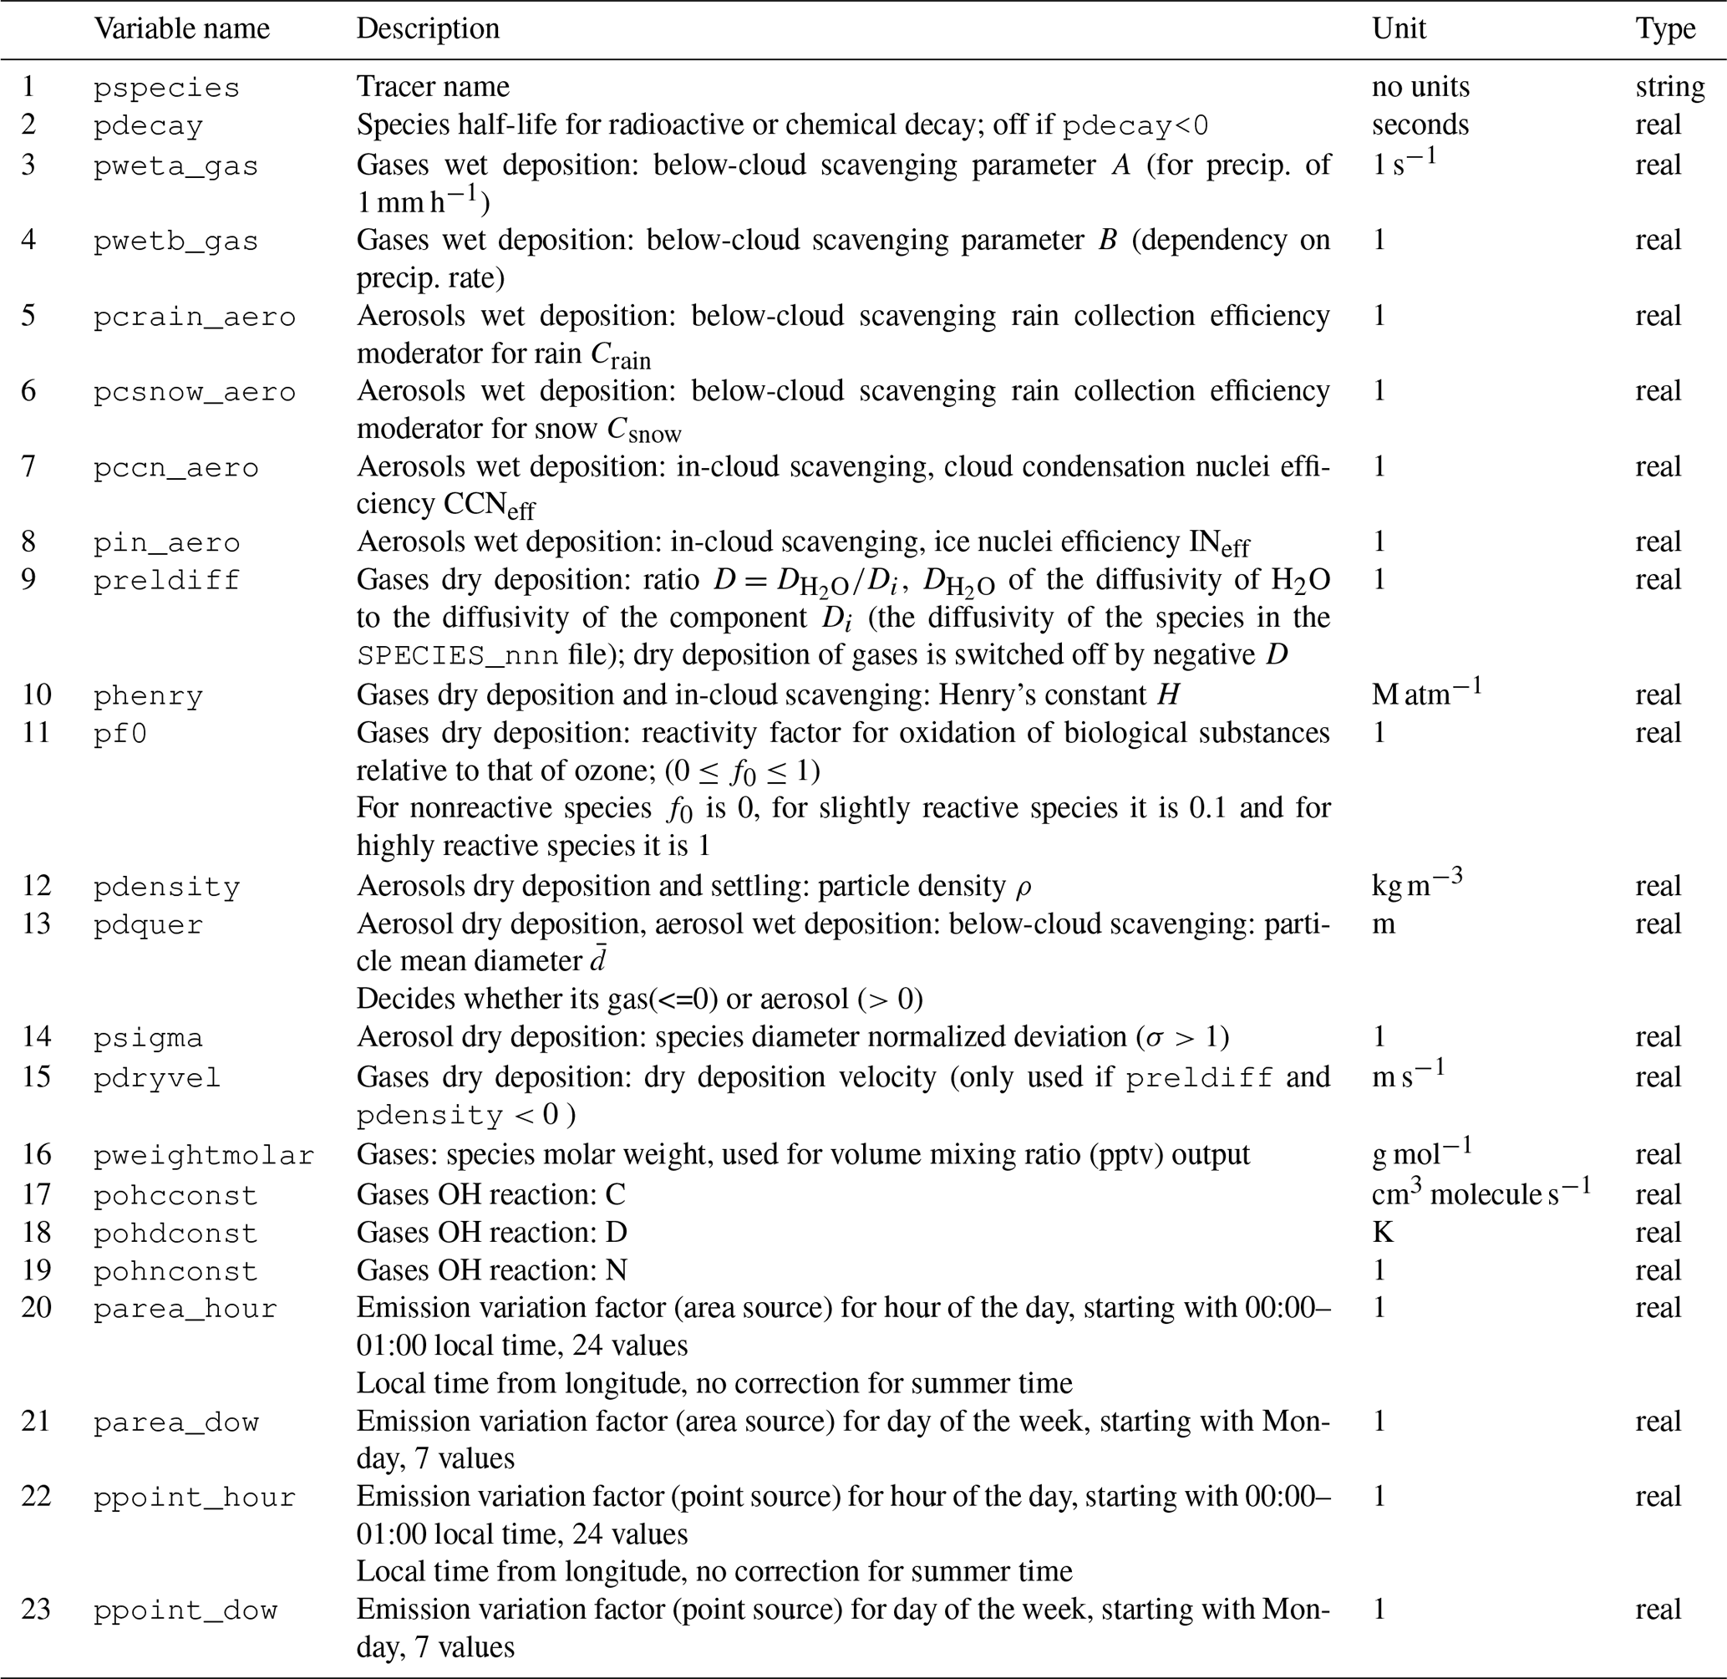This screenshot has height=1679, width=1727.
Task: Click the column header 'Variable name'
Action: click(x=181, y=29)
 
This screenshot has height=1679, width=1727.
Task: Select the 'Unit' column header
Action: click(x=1398, y=29)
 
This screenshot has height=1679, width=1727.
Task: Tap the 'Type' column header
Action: click(x=1665, y=29)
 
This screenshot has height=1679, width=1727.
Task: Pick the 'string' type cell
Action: click(x=1669, y=86)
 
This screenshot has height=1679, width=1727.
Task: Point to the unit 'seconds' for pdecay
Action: click(x=1420, y=125)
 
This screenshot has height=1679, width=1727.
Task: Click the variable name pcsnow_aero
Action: click(x=195, y=391)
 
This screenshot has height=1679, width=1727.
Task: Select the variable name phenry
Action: click(x=148, y=696)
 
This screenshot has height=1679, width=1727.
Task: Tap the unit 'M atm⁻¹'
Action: click(x=1425, y=693)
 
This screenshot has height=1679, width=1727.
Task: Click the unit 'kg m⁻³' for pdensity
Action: click(x=1417, y=883)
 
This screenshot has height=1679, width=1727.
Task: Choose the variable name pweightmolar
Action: click(x=204, y=1155)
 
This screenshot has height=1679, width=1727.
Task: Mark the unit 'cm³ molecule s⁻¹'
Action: click(x=1481, y=1193)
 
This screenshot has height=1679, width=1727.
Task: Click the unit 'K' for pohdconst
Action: click(x=1382, y=1232)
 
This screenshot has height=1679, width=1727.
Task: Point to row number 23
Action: click(x=36, y=1610)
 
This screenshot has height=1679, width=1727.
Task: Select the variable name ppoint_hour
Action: click(x=195, y=1498)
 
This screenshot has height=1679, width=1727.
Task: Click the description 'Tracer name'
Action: click(x=433, y=86)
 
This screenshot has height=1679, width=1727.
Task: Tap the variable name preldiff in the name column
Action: click(x=166, y=580)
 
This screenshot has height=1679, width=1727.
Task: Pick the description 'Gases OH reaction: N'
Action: click(x=492, y=1269)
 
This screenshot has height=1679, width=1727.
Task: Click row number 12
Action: click(x=36, y=885)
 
